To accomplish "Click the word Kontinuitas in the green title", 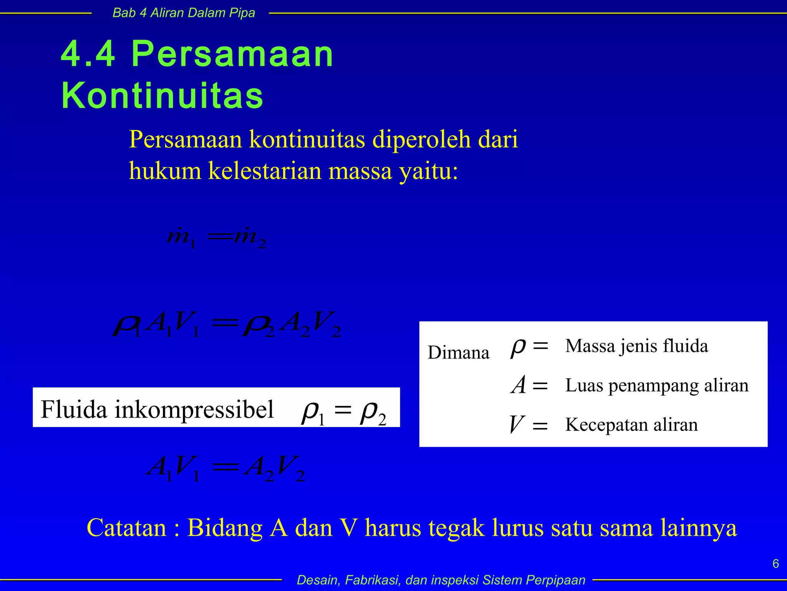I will tap(162, 95).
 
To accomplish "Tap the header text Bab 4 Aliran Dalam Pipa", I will tap(184, 13).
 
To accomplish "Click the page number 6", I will tap(775, 564).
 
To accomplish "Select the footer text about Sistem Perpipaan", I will tap(441, 580).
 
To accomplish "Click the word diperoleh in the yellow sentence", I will tap(422, 139).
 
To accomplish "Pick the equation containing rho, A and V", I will tap(227, 324).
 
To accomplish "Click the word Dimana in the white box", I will tap(458, 352).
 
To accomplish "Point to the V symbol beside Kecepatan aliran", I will tap(516, 424).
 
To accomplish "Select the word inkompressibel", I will tap(194, 409).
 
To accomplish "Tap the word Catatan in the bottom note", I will tap(127, 528).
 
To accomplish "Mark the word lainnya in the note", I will tap(699, 528).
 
